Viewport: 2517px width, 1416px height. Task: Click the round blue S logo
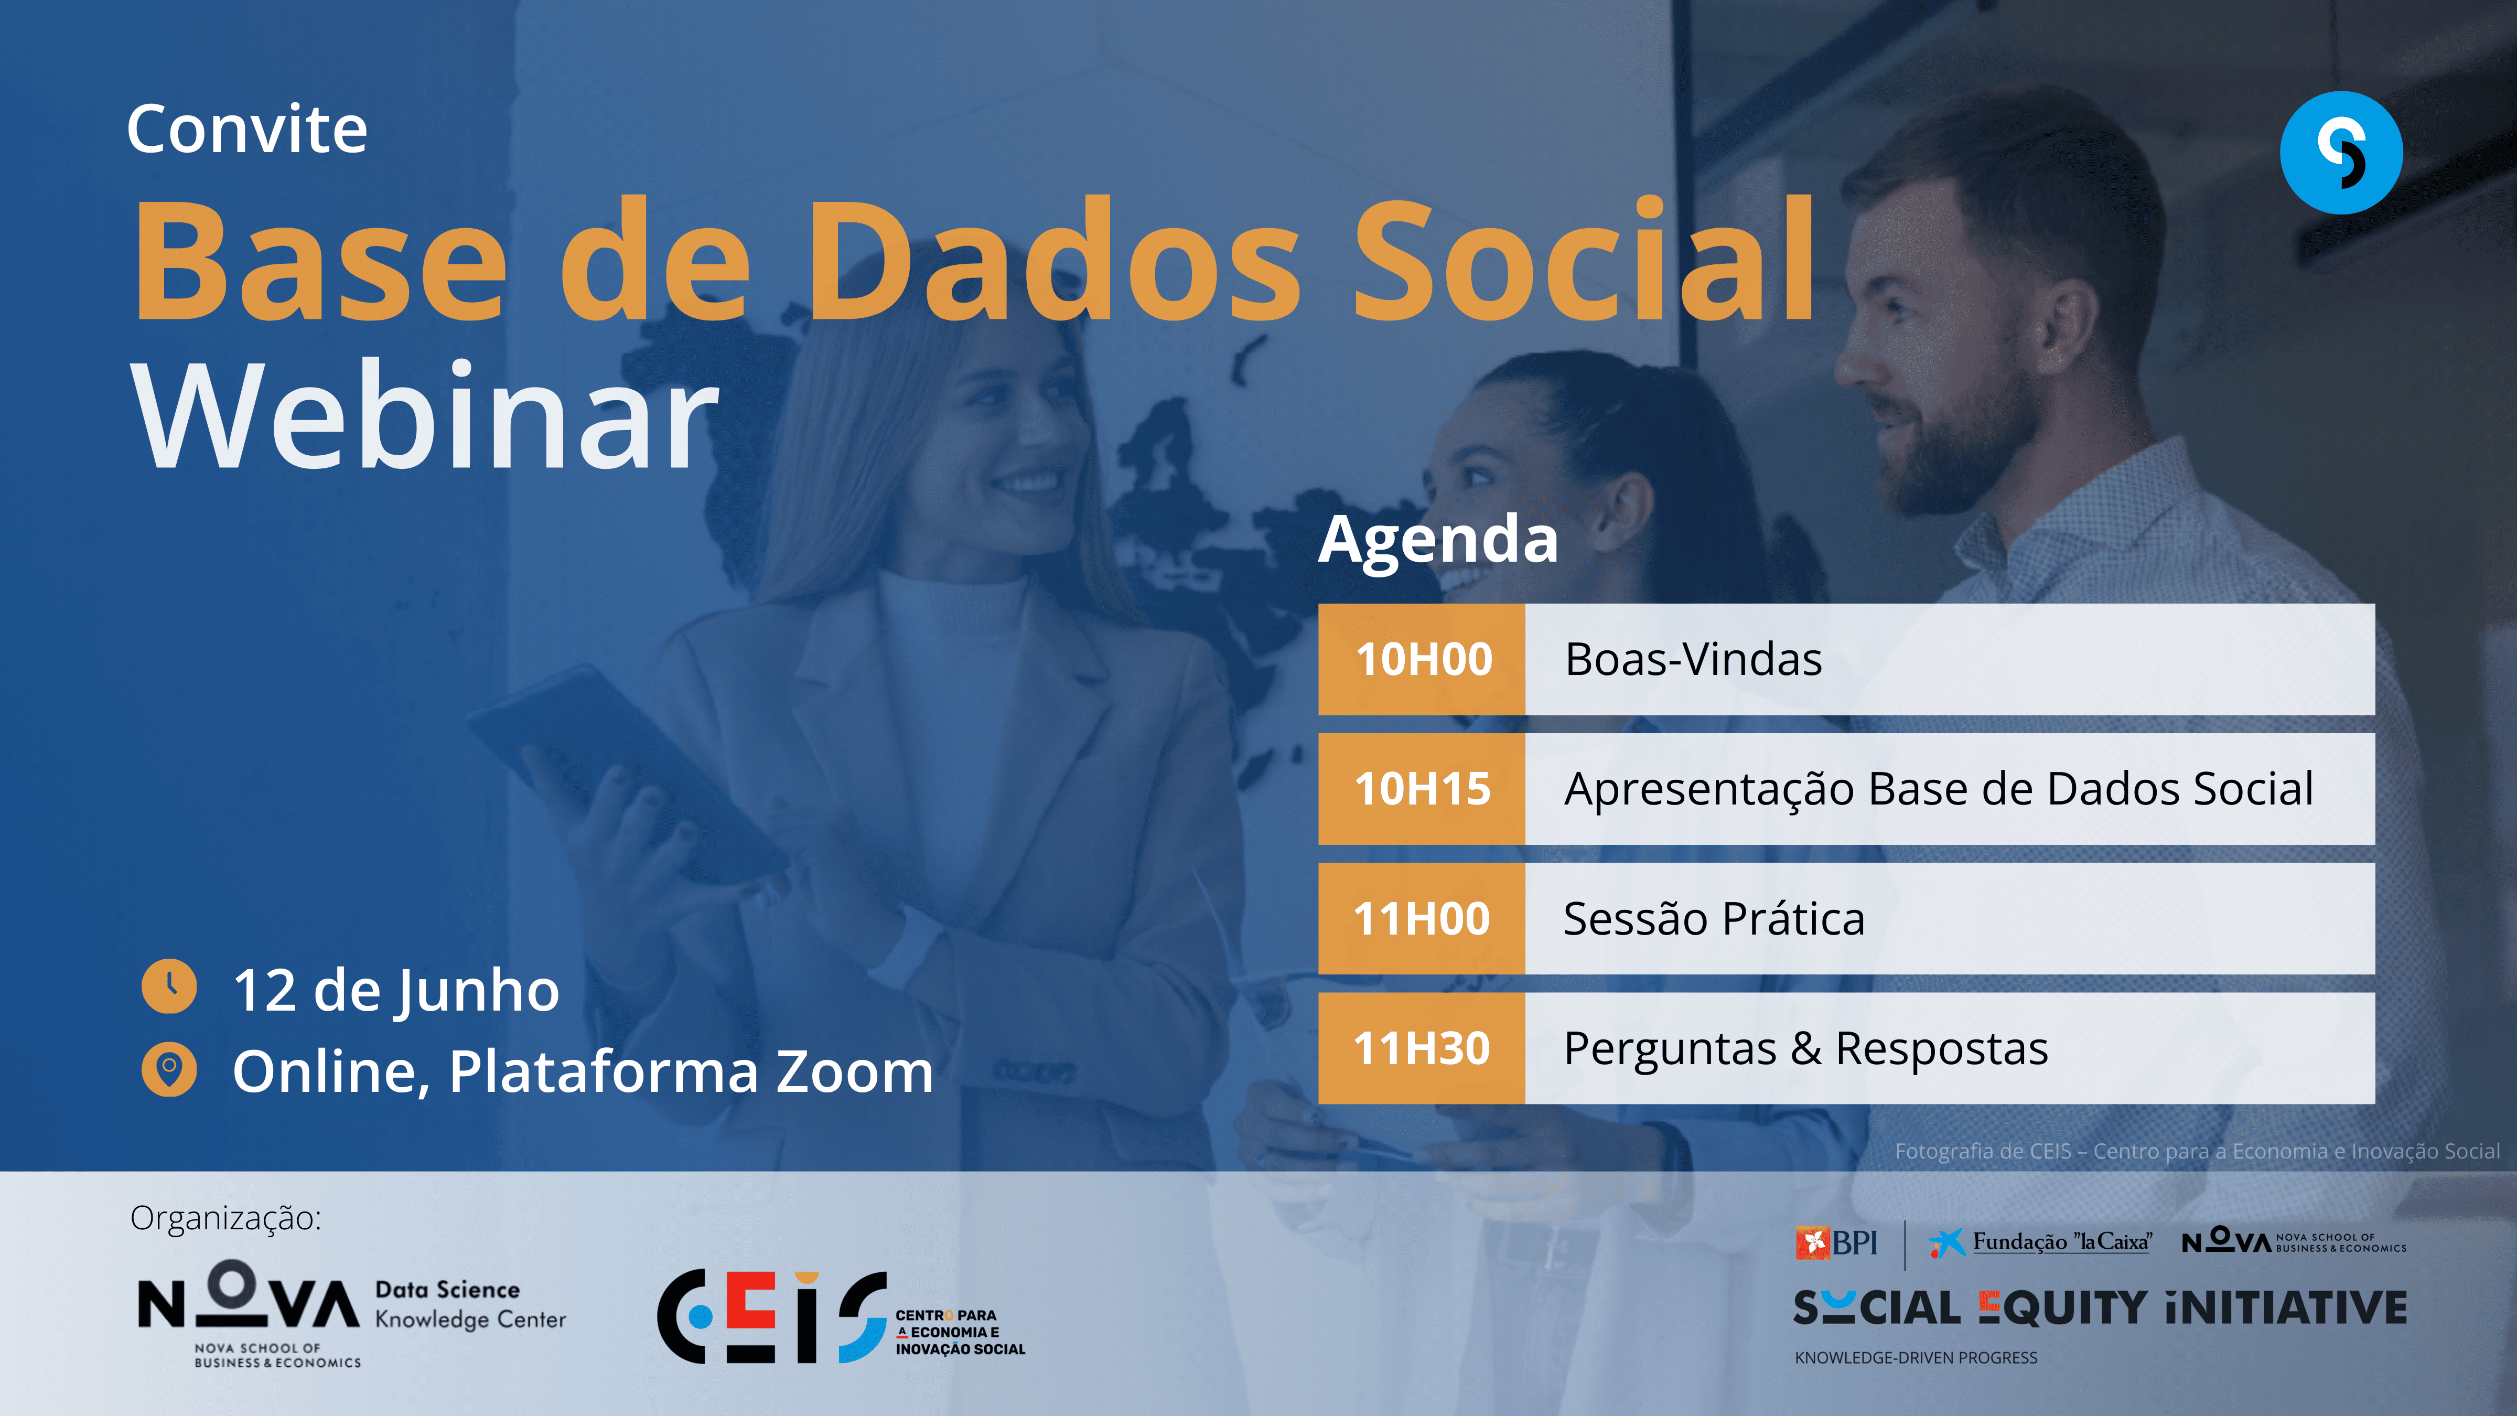2341,153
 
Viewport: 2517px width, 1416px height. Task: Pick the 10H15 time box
1422,789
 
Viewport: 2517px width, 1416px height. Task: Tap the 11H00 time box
1422,919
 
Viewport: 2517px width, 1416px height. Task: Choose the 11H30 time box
1422,1048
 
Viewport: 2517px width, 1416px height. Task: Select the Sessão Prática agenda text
1714,919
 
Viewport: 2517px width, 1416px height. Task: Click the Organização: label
225,1219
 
